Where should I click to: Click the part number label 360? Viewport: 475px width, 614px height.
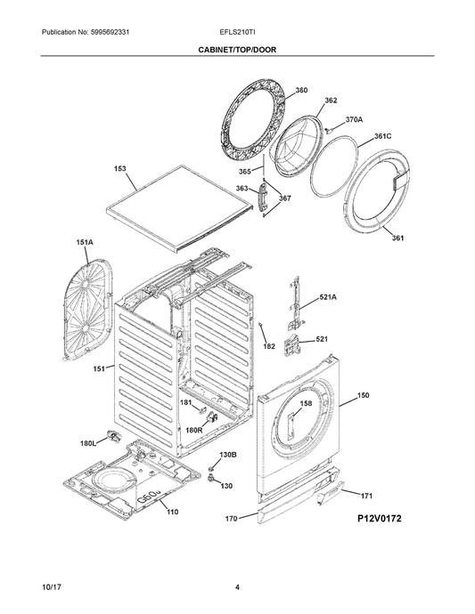click(301, 90)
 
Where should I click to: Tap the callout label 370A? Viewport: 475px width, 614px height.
click(354, 119)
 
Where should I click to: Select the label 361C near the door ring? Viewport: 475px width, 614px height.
click(382, 136)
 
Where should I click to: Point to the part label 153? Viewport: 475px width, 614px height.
click(120, 168)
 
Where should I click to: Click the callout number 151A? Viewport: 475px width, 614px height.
click(85, 242)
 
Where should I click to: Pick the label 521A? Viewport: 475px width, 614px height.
click(328, 297)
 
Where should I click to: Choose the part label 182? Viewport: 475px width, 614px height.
click(268, 346)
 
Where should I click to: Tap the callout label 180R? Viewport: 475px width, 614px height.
click(193, 430)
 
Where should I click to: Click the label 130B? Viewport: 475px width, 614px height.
click(227, 455)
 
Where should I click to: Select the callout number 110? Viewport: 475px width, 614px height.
click(172, 512)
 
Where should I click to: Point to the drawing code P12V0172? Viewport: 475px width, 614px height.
click(380, 519)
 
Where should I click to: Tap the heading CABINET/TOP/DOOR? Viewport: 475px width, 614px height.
click(237, 50)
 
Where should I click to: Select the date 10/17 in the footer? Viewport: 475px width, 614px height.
click(49, 587)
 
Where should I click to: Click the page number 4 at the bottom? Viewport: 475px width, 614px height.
click(237, 587)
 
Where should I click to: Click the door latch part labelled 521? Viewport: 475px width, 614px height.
click(291, 344)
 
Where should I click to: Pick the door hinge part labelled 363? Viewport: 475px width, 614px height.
click(262, 197)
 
